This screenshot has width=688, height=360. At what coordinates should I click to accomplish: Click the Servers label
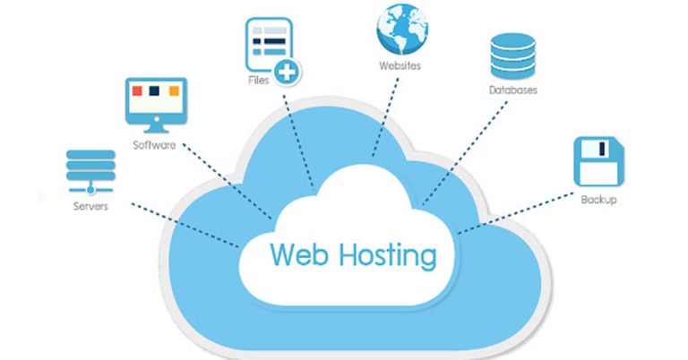[90, 206]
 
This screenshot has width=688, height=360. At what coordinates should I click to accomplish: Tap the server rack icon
[90, 170]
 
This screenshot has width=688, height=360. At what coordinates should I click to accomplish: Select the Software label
[154, 145]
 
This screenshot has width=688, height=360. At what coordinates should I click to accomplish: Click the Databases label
[513, 90]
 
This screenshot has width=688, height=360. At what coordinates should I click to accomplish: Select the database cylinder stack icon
[512, 56]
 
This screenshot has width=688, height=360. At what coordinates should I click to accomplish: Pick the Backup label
[598, 199]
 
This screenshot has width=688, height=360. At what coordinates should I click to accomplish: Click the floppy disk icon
[597, 161]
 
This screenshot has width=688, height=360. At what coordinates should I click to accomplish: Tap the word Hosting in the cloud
[391, 254]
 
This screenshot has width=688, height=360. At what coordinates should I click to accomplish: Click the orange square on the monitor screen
[137, 91]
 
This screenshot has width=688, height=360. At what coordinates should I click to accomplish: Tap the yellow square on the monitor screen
[171, 91]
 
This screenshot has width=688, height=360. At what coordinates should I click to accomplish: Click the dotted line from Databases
[466, 152]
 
